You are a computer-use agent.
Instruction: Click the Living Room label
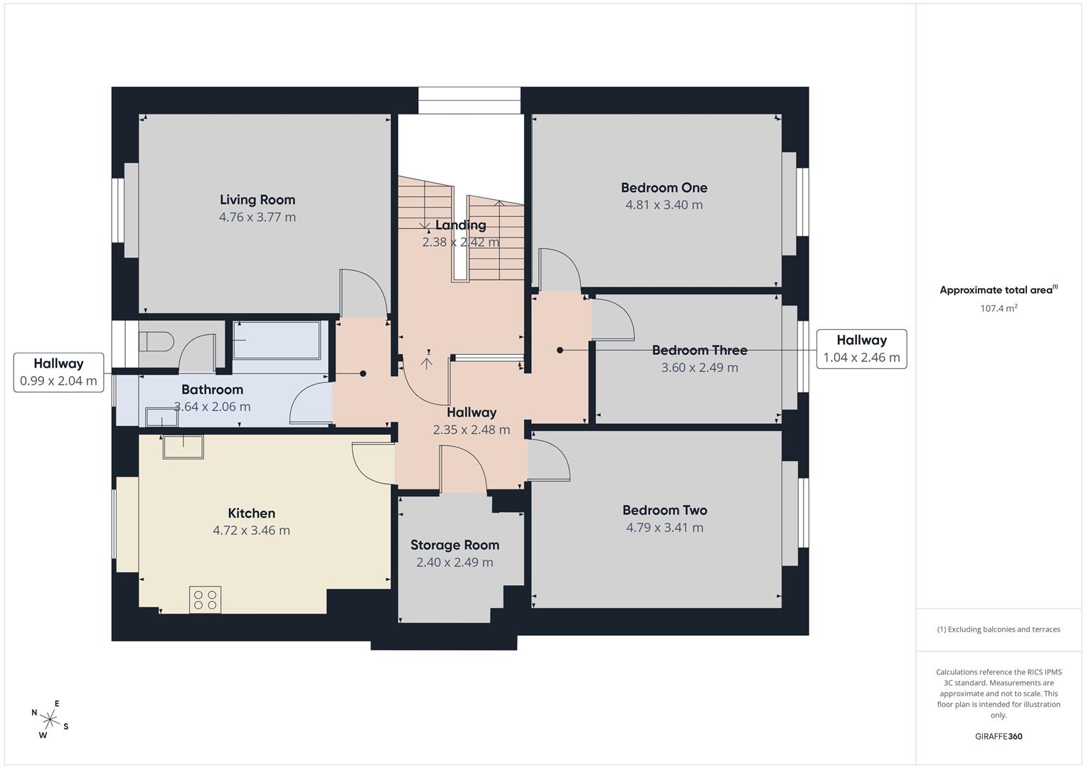pyautogui.click(x=257, y=200)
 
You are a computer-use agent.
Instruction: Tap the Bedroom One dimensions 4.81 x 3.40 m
pyautogui.click(x=664, y=205)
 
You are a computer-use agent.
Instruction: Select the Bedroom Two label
pyautogui.click(x=665, y=510)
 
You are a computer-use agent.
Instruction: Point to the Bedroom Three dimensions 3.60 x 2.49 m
pyautogui.click(x=700, y=368)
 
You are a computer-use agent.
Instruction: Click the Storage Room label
pyautogui.click(x=454, y=545)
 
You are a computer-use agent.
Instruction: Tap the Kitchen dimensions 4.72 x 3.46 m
pyautogui.click(x=251, y=530)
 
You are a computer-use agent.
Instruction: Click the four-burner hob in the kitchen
pyautogui.click(x=205, y=599)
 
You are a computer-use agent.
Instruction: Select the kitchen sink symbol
pyautogui.click(x=183, y=447)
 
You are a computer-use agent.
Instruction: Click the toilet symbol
pyautogui.click(x=156, y=341)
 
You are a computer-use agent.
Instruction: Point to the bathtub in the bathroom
pyautogui.click(x=277, y=340)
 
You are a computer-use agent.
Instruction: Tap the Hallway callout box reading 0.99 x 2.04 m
pyautogui.click(x=58, y=373)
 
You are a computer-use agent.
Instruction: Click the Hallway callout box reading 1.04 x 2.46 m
pyautogui.click(x=861, y=349)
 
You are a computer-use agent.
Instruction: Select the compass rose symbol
pyautogui.click(x=50, y=719)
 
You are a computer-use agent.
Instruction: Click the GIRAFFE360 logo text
pyautogui.click(x=999, y=736)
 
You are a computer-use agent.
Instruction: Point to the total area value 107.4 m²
pyautogui.click(x=999, y=308)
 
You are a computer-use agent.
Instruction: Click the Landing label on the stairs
pyautogui.click(x=460, y=225)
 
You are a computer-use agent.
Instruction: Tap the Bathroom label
pyautogui.click(x=212, y=390)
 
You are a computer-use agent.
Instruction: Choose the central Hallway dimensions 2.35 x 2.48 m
pyautogui.click(x=472, y=430)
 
